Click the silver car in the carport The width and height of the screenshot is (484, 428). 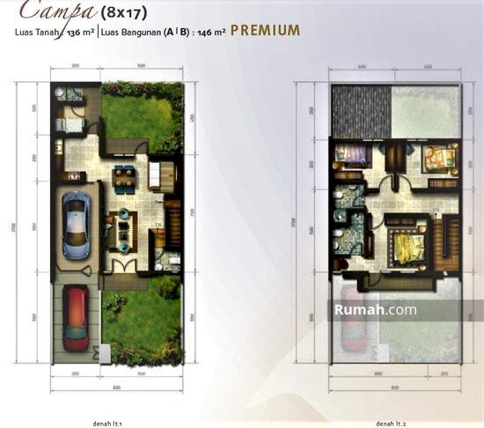tap(77, 225)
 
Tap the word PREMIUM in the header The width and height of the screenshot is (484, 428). tap(266, 31)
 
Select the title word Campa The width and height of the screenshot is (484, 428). tap(48, 11)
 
